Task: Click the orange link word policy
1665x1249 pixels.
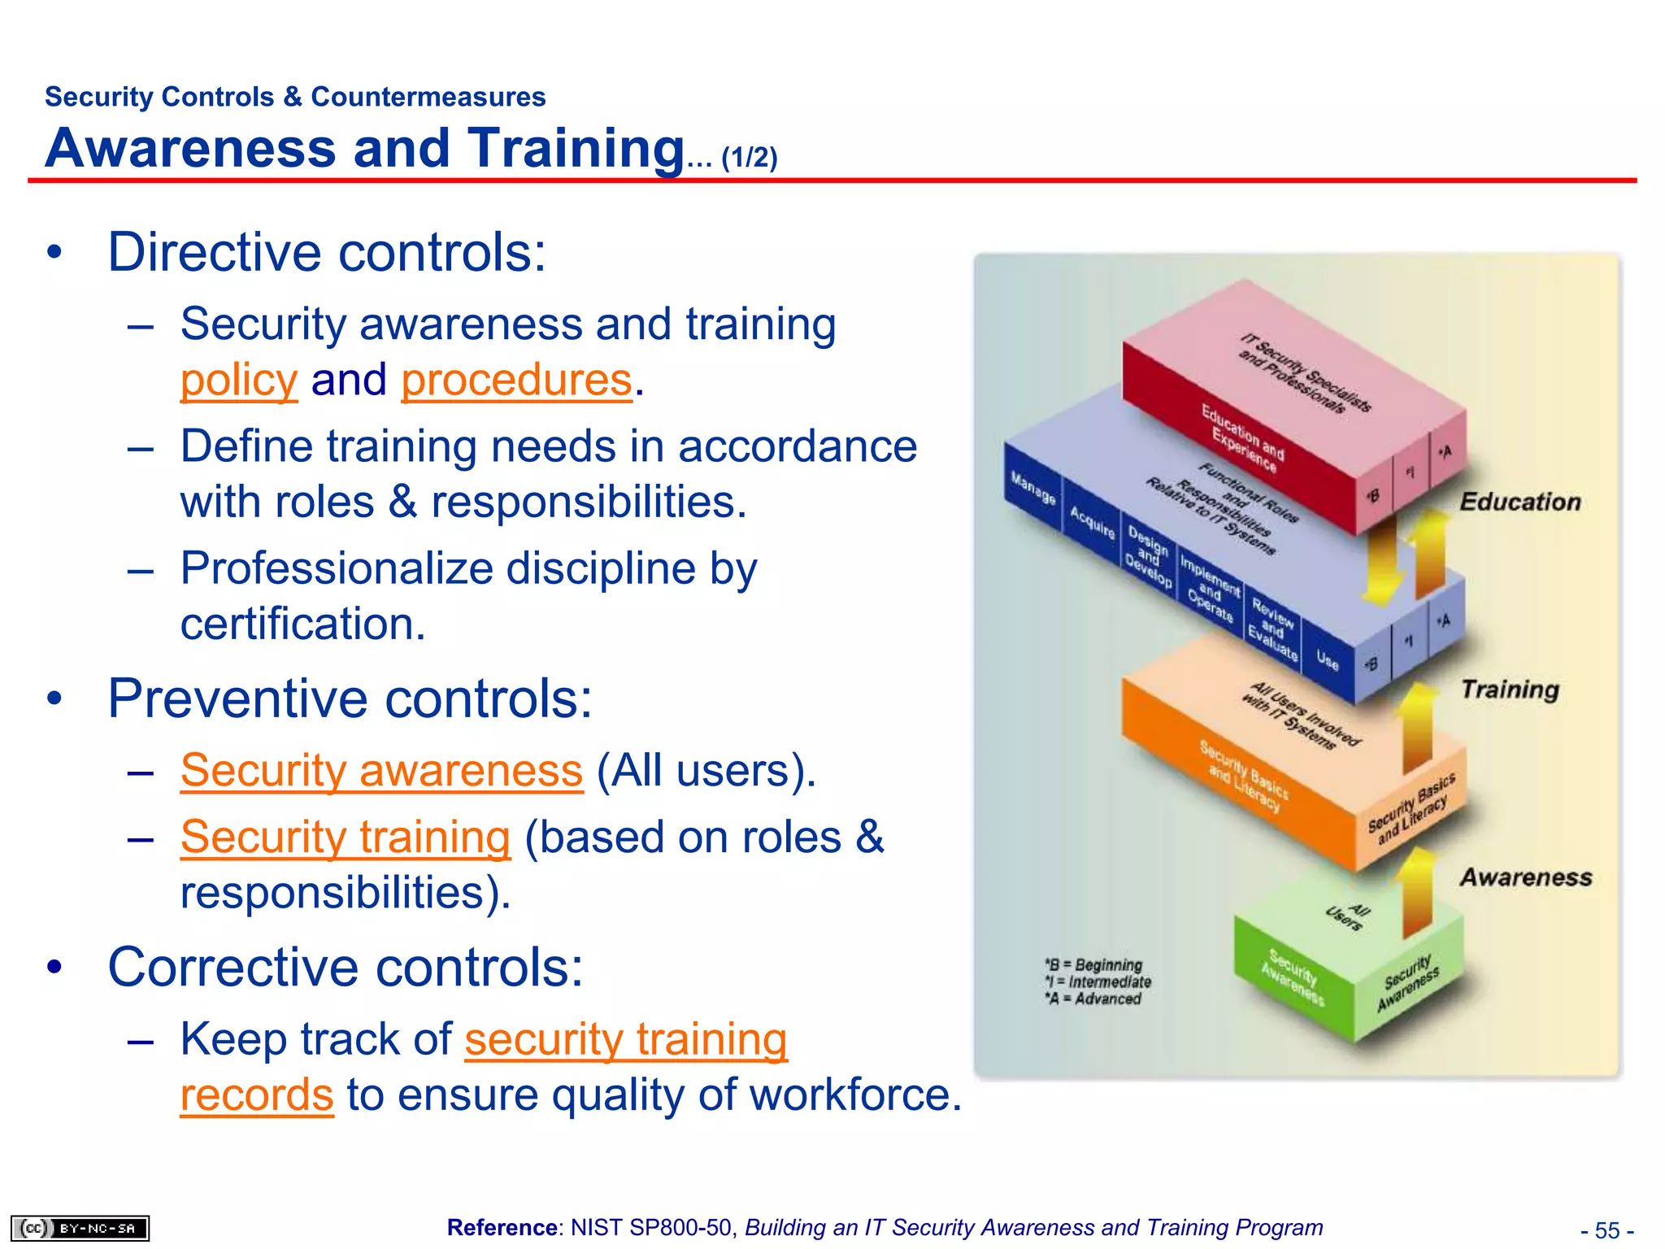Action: pos(238,381)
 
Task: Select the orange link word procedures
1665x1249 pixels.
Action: pos(516,381)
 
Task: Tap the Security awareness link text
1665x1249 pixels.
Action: pos(381,770)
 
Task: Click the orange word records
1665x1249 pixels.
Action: pos(256,1095)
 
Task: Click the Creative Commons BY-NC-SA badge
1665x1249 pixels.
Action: pos(80,1228)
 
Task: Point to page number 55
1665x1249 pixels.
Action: pos(1606,1230)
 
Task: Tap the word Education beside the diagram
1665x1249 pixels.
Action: pos(1519,502)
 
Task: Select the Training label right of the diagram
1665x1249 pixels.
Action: pos(1510,690)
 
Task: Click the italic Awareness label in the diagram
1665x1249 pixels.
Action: pos(1525,877)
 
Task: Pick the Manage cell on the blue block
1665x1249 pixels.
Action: pos(1032,488)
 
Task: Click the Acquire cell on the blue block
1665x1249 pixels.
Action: pos(1092,523)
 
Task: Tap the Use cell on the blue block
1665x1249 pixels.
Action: pos(1327,661)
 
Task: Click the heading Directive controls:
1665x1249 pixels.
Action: pos(327,253)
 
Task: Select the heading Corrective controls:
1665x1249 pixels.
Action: pos(346,968)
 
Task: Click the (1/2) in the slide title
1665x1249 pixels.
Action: pos(749,157)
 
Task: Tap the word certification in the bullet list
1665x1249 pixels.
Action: pos(302,624)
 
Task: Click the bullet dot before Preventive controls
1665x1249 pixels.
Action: pos(54,698)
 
